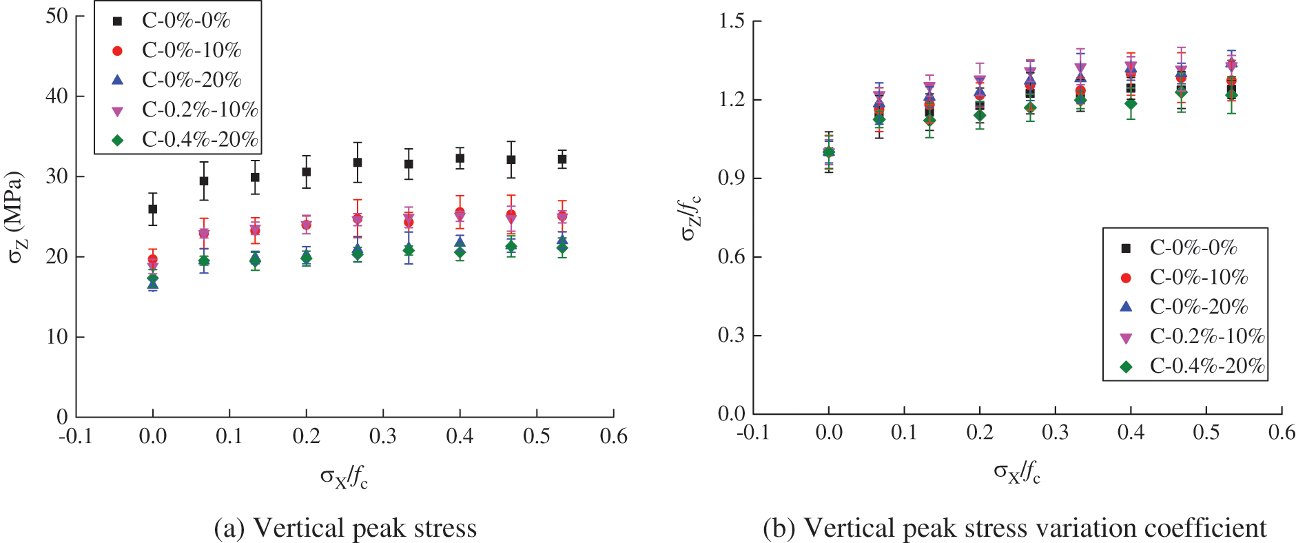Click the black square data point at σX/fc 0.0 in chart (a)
click(152, 209)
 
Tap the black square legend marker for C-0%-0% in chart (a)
click(118, 21)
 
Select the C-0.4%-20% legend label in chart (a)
click(200, 139)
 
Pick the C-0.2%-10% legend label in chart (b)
click(1207, 336)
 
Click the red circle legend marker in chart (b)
click(1127, 278)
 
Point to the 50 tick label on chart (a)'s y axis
click(56, 16)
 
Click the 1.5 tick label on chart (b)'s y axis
click(732, 21)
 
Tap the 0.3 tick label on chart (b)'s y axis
click(732, 336)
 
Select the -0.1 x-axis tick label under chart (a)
click(76, 437)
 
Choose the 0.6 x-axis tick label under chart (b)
click(1282, 433)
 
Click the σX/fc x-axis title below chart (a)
click(344, 476)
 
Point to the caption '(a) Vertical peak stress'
click(345, 529)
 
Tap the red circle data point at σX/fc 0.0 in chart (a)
click(152, 260)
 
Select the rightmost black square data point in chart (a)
click(562, 159)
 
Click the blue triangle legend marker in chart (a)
click(118, 80)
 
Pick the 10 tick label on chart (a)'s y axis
click(56, 337)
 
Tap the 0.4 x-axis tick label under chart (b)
click(1131, 433)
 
